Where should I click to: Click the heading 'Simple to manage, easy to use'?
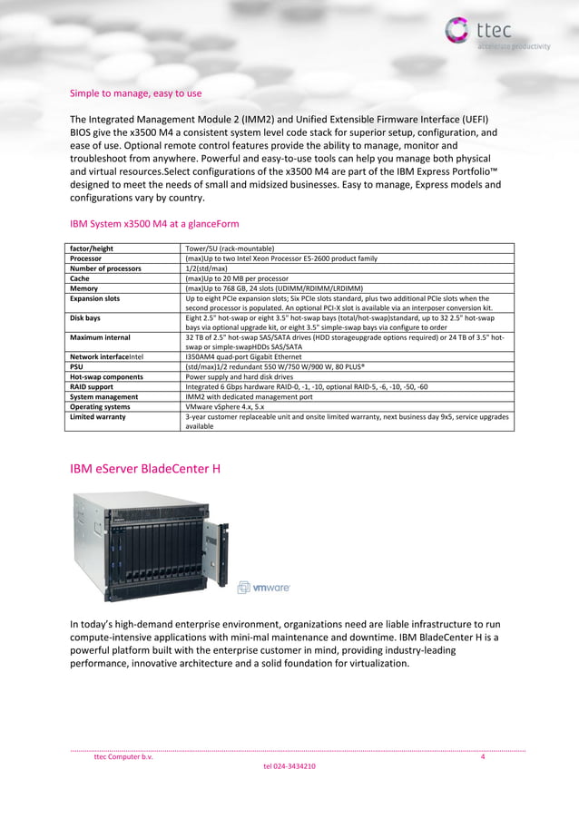coord(135,93)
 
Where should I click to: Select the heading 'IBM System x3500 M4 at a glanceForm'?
coord(154,222)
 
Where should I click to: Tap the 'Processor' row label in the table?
coord(87,258)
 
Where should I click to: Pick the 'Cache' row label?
coord(81,278)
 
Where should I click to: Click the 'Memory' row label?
coord(84,288)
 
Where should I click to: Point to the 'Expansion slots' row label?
coord(94,298)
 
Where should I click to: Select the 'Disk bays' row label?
coord(85,318)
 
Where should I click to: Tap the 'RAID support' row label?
coord(92,386)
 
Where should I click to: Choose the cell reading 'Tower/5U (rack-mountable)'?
coord(230,248)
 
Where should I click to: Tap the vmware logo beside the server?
coord(264,588)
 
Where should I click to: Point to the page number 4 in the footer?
coord(483,757)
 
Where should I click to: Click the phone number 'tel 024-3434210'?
coord(289,767)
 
